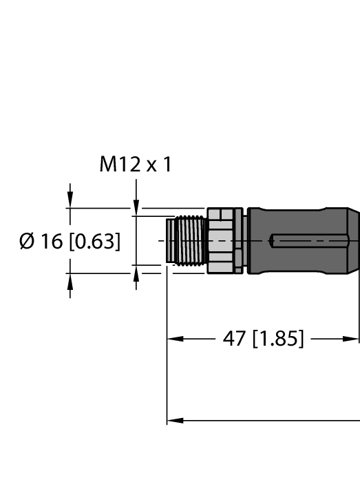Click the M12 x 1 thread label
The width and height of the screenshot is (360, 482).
pos(136,165)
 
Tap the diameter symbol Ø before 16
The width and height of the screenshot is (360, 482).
pos(27,242)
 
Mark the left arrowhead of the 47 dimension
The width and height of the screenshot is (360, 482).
pos(174,339)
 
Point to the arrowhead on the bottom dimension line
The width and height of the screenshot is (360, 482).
pos(174,420)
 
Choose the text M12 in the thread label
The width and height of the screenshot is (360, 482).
pos(119,165)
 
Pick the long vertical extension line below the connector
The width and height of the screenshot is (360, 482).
pos(167,358)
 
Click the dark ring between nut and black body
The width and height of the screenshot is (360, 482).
pos(240,241)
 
